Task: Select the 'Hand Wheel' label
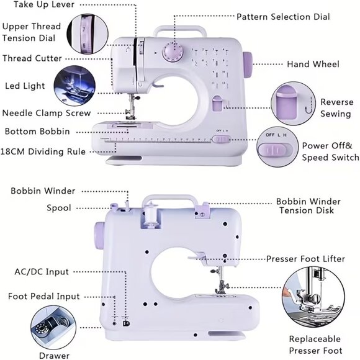(x=313, y=64)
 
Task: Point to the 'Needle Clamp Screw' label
(x=47, y=113)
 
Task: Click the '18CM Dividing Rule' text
(x=43, y=151)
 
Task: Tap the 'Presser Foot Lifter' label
(x=306, y=258)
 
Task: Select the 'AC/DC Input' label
(x=42, y=272)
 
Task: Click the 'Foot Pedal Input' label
(x=44, y=296)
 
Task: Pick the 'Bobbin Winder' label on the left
(x=43, y=191)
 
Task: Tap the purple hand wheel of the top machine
(x=247, y=63)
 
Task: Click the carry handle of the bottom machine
(x=170, y=202)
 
